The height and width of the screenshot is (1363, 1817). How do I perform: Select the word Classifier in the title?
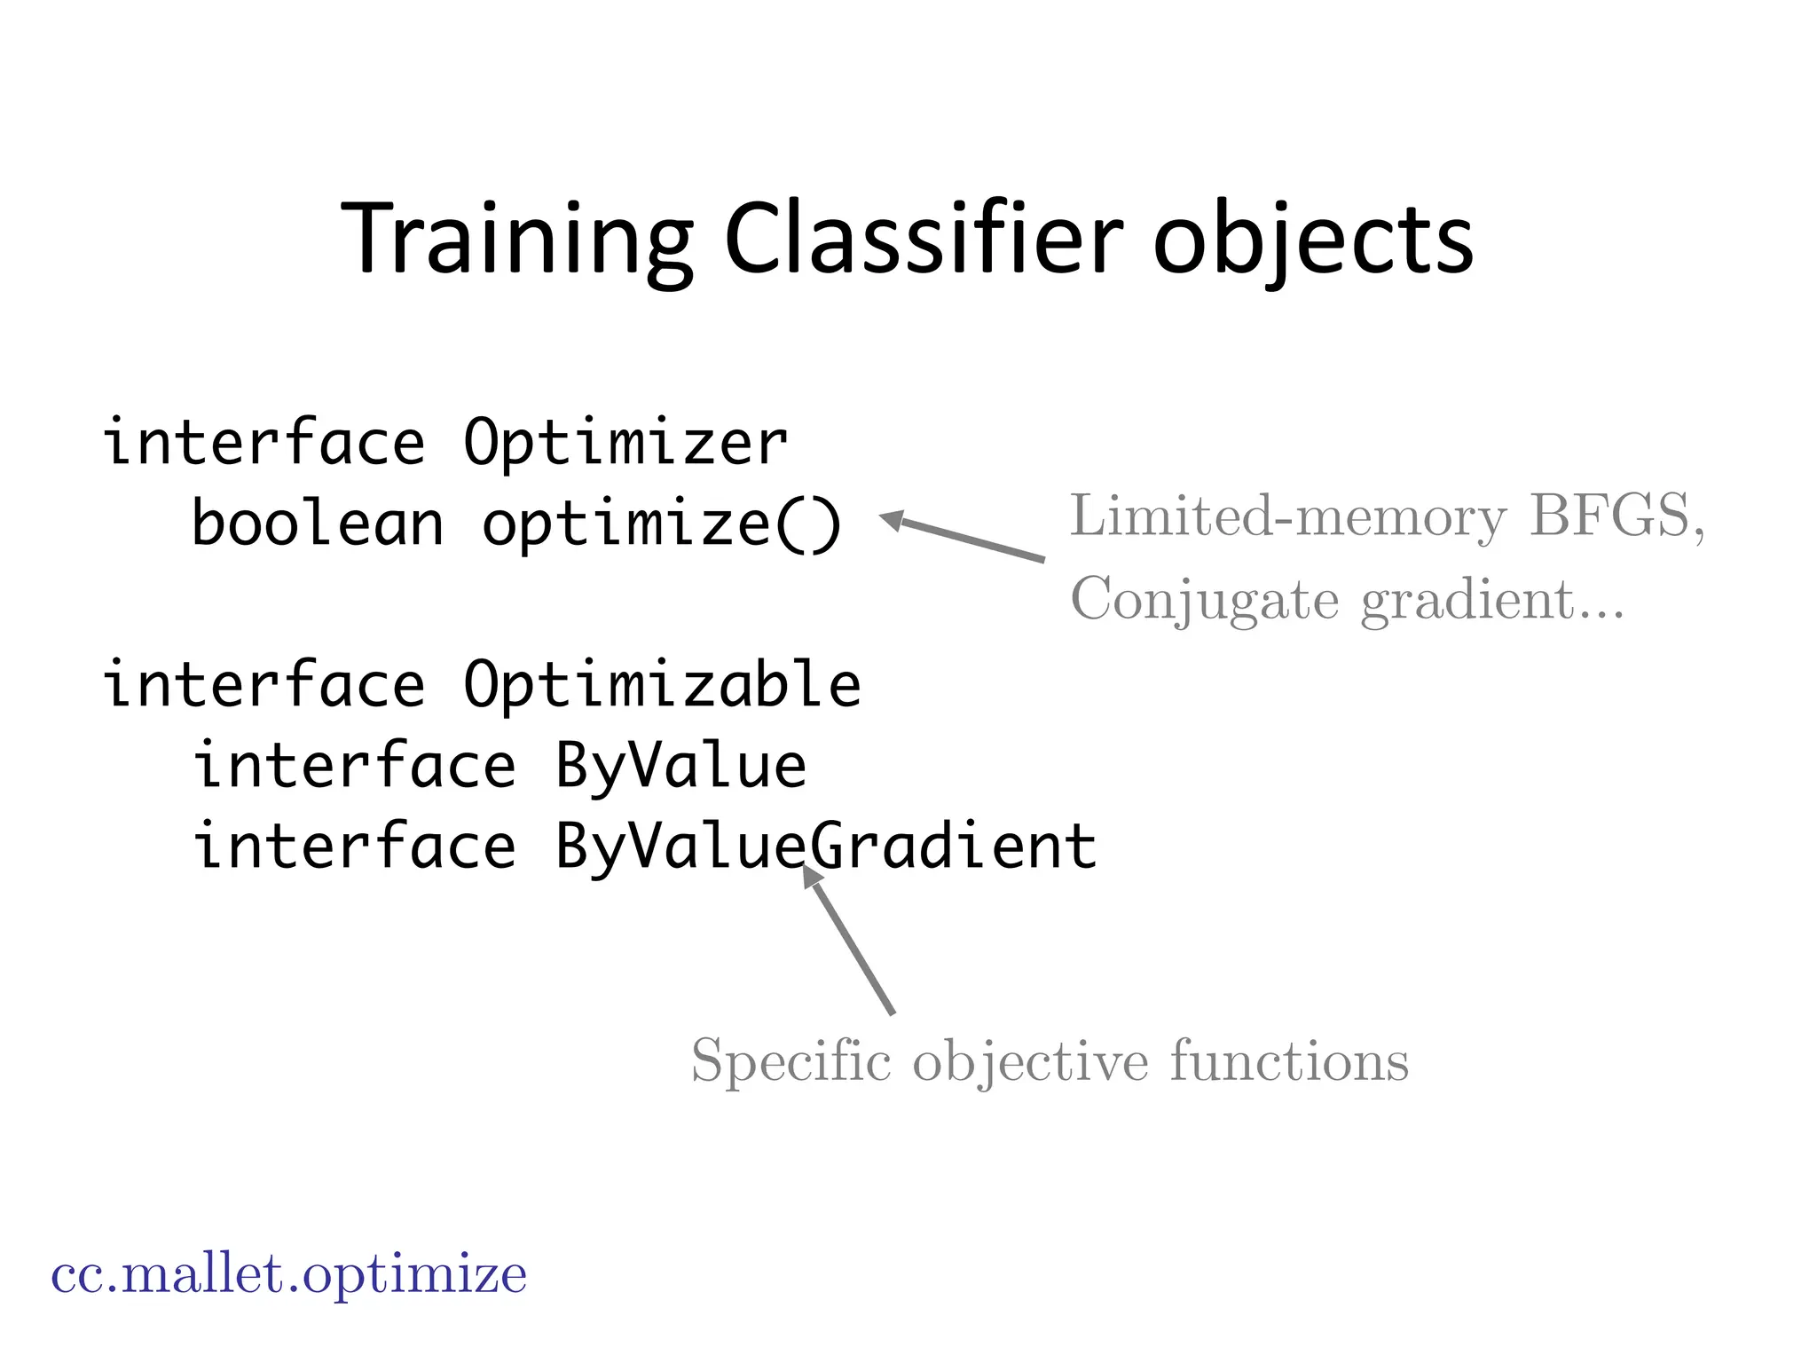coord(923,240)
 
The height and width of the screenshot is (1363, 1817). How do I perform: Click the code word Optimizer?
coord(625,442)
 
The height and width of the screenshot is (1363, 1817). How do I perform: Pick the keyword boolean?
coord(318,524)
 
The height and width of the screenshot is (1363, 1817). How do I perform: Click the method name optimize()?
coord(661,524)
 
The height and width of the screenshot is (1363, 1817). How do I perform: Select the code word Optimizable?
coord(662,685)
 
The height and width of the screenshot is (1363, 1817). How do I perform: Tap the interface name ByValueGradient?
coord(825,845)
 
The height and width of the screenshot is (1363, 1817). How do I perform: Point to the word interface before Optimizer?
coord(264,442)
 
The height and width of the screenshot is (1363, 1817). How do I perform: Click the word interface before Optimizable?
coord(264,685)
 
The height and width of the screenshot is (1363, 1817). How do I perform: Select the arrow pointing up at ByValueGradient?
coord(849,941)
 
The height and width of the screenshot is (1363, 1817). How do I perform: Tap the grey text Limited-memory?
coord(1286,516)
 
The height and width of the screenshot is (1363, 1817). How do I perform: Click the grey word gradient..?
coord(1468,601)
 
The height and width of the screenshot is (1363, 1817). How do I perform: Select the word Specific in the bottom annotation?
coord(791,1061)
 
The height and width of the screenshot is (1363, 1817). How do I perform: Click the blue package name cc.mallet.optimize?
coord(289,1275)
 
